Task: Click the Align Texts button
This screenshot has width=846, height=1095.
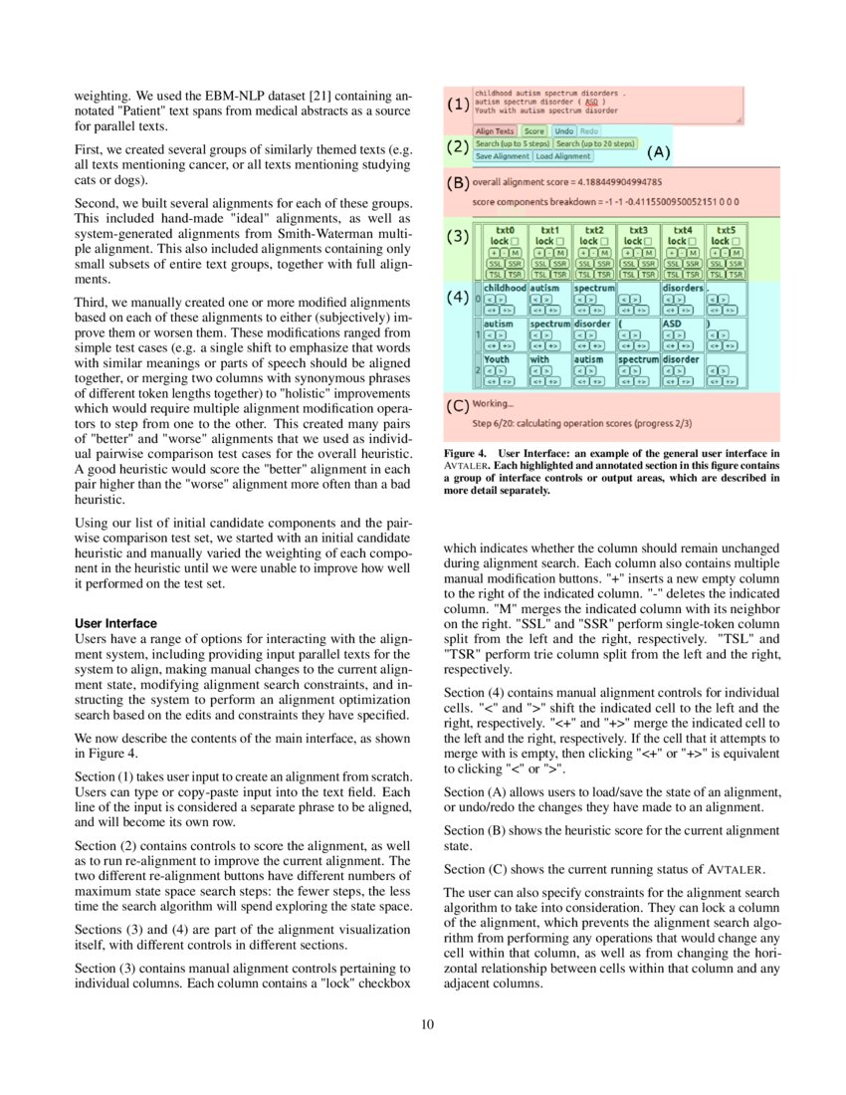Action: (495, 131)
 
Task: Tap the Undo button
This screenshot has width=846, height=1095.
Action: (563, 131)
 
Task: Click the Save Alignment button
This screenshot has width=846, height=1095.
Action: (502, 156)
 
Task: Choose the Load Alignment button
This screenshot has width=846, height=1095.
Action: (562, 156)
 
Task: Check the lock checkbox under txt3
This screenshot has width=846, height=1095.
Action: (650, 241)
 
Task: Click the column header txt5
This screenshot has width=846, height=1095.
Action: (726, 230)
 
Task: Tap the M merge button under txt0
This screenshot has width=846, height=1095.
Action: (516, 252)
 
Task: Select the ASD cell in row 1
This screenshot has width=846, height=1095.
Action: (674, 324)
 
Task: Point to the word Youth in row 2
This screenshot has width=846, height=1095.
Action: (497, 359)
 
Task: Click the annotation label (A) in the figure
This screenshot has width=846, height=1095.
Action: (659, 152)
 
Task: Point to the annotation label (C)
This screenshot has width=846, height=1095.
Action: (457, 405)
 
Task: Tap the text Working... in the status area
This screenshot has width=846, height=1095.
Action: (494, 404)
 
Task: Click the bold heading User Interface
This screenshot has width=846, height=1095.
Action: (115, 623)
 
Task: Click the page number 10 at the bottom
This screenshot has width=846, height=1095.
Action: (427, 1026)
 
